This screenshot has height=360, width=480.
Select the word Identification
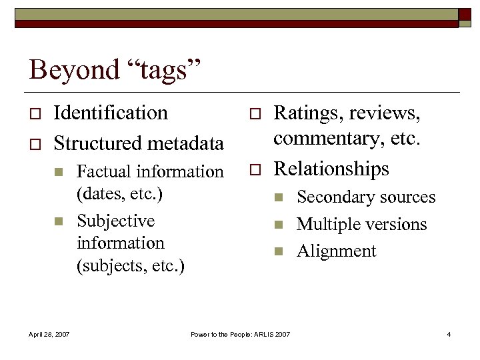click(x=111, y=113)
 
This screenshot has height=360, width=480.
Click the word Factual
click(x=105, y=171)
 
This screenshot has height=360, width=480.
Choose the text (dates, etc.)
click(x=120, y=195)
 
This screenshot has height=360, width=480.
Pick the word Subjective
click(x=116, y=221)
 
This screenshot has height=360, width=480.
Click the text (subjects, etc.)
click(x=131, y=266)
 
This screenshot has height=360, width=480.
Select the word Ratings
click(x=307, y=113)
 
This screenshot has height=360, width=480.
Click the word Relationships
click(x=331, y=169)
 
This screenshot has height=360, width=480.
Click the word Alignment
click(x=337, y=251)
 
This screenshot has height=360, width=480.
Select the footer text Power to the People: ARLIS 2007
click(x=240, y=333)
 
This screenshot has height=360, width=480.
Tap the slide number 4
click(x=449, y=333)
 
